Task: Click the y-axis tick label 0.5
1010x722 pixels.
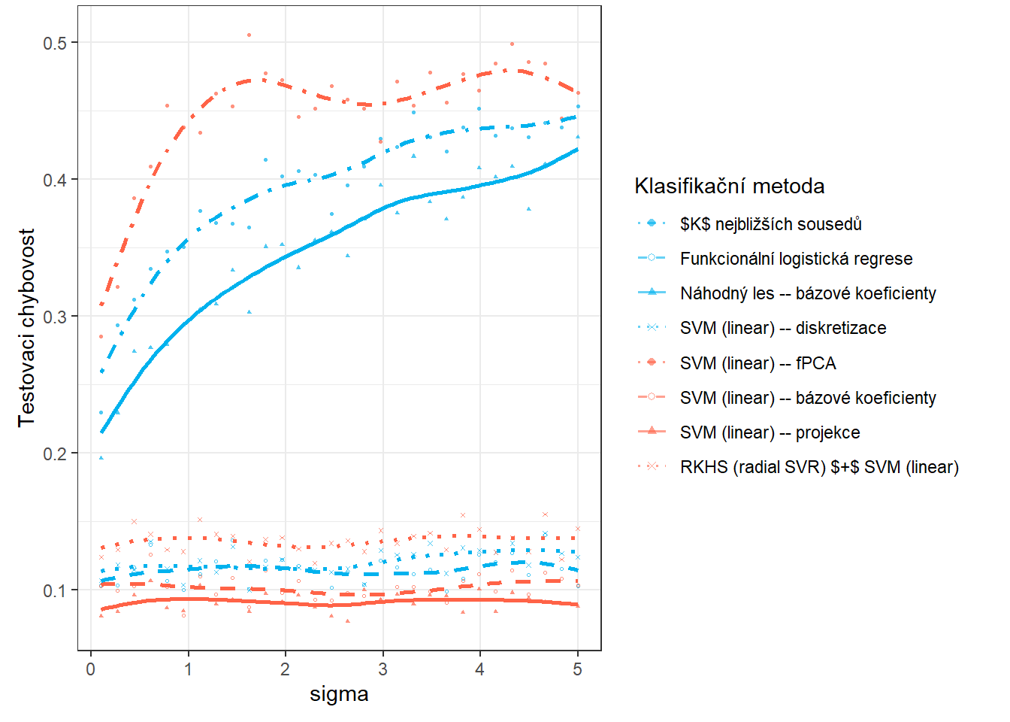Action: click(x=55, y=43)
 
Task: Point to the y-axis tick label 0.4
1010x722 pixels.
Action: click(x=55, y=180)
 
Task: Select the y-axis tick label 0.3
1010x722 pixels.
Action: click(x=55, y=317)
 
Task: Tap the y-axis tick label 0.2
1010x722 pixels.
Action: click(x=55, y=454)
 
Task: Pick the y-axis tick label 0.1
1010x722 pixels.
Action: click(x=55, y=590)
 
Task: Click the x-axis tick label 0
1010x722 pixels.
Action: click(x=91, y=669)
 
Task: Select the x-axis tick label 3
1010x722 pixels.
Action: click(x=383, y=669)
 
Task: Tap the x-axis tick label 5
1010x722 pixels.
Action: click(x=577, y=669)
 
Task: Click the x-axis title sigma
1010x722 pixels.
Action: click(x=339, y=694)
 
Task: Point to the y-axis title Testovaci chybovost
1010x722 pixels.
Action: click(x=27, y=328)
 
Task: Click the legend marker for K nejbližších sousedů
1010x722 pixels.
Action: click(x=652, y=223)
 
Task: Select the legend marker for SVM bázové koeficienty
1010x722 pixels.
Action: click(x=652, y=397)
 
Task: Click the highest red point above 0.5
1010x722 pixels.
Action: click(x=249, y=35)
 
